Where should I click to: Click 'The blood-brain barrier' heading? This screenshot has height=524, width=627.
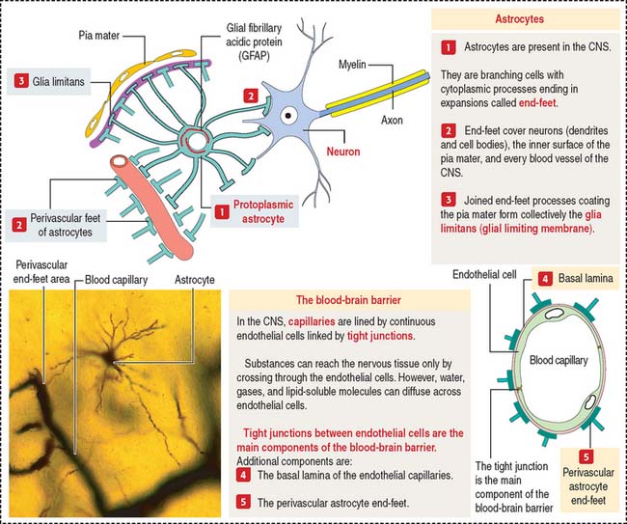click(337, 299)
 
